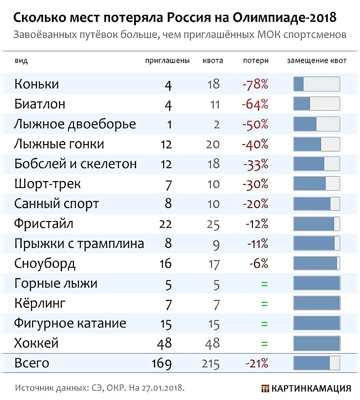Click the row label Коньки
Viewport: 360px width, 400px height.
36,84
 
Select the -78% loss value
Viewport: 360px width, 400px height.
255,84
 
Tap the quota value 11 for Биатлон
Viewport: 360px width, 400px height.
214,105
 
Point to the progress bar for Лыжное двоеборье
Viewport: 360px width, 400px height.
316,124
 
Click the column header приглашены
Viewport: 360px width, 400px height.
167,61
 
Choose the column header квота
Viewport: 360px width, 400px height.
213,61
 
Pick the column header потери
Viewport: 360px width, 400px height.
256,61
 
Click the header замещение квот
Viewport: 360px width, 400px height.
317,61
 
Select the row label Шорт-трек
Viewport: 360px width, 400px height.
47,184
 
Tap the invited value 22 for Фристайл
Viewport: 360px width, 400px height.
165,224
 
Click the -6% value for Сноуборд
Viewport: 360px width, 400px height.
258,264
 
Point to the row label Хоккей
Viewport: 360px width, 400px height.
36,343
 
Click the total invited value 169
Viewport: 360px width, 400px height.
161,364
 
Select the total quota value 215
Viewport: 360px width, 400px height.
211,364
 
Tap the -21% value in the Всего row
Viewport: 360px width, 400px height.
256,364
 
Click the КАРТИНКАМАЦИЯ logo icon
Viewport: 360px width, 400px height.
265,388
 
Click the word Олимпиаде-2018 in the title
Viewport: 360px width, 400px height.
284,18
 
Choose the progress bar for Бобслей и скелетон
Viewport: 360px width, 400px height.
316,164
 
